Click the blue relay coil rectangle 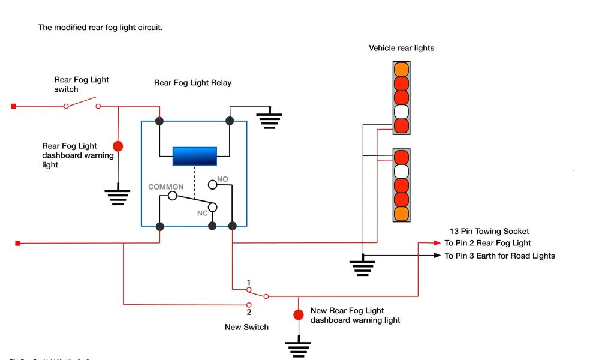pyautogui.click(x=194, y=156)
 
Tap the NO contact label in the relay pyautogui.click(x=222, y=179)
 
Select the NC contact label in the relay pyautogui.click(x=202, y=213)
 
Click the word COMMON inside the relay pyautogui.click(x=166, y=187)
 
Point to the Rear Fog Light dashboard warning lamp pyautogui.click(x=118, y=146)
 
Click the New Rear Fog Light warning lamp pyautogui.click(x=298, y=314)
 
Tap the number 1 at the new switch pyautogui.click(x=248, y=282)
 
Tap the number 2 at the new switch pyautogui.click(x=248, y=312)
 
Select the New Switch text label pyautogui.click(x=246, y=327)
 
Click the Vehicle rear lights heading pyautogui.click(x=401, y=48)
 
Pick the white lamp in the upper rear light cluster pyautogui.click(x=401, y=112)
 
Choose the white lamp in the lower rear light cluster pyautogui.click(x=401, y=171)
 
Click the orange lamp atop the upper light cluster pyautogui.click(x=401, y=69)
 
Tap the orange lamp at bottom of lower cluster pyautogui.click(x=401, y=214)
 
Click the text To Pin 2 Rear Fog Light pyautogui.click(x=487, y=243)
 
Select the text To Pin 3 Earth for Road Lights pyautogui.click(x=499, y=256)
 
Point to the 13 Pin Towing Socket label pyautogui.click(x=489, y=231)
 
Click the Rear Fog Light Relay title pyautogui.click(x=192, y=83)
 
